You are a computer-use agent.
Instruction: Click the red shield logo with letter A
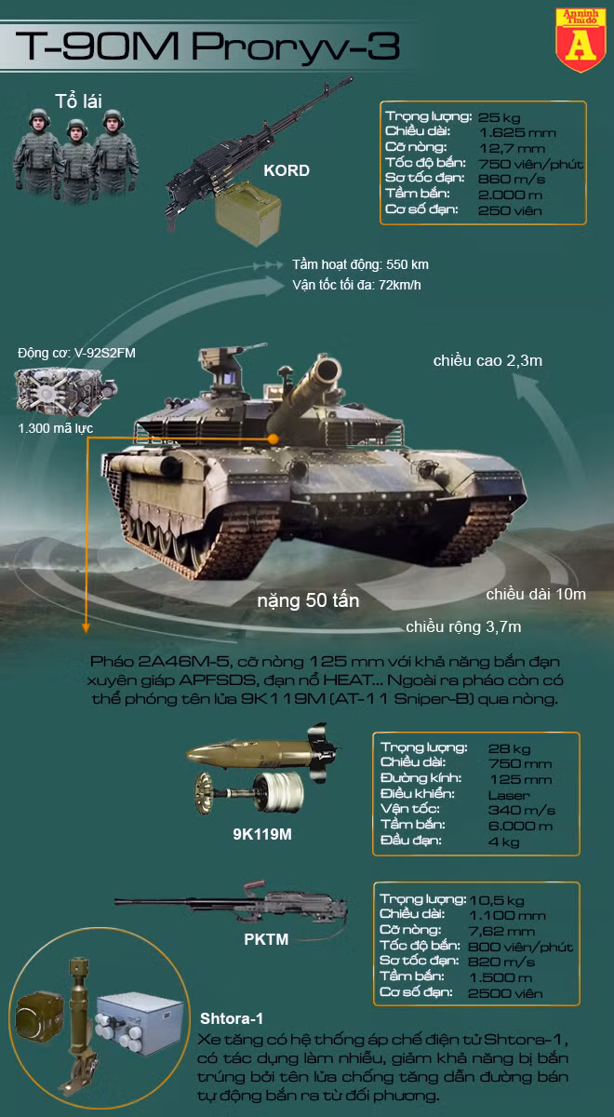point(581,40)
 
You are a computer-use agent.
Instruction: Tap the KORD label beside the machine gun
point(287,170)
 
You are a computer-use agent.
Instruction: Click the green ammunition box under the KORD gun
point(247,213)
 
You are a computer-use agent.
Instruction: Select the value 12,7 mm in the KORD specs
point(512,148)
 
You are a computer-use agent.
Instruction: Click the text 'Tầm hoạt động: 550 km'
point(360,264)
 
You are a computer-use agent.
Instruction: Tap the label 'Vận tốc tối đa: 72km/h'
point(357,285)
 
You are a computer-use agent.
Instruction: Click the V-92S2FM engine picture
point(65,392)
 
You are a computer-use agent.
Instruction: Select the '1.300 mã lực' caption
point(55,428)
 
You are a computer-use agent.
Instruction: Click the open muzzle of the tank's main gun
point(327,370)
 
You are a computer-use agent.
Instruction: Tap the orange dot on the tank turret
point(273,438)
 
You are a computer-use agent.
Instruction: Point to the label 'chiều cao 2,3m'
point(487,360)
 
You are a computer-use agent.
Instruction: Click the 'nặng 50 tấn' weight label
point(308,600)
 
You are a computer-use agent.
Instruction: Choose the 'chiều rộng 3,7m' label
point(463,626)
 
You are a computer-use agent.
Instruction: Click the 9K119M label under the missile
point(262,834)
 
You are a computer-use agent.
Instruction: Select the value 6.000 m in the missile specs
point(520,826)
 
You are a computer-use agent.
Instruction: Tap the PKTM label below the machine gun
point(266,939)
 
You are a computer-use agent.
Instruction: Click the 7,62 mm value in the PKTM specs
point(501,931)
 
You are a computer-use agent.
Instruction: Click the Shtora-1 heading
point(232,1018)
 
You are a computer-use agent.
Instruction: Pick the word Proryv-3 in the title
point(296,47)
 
